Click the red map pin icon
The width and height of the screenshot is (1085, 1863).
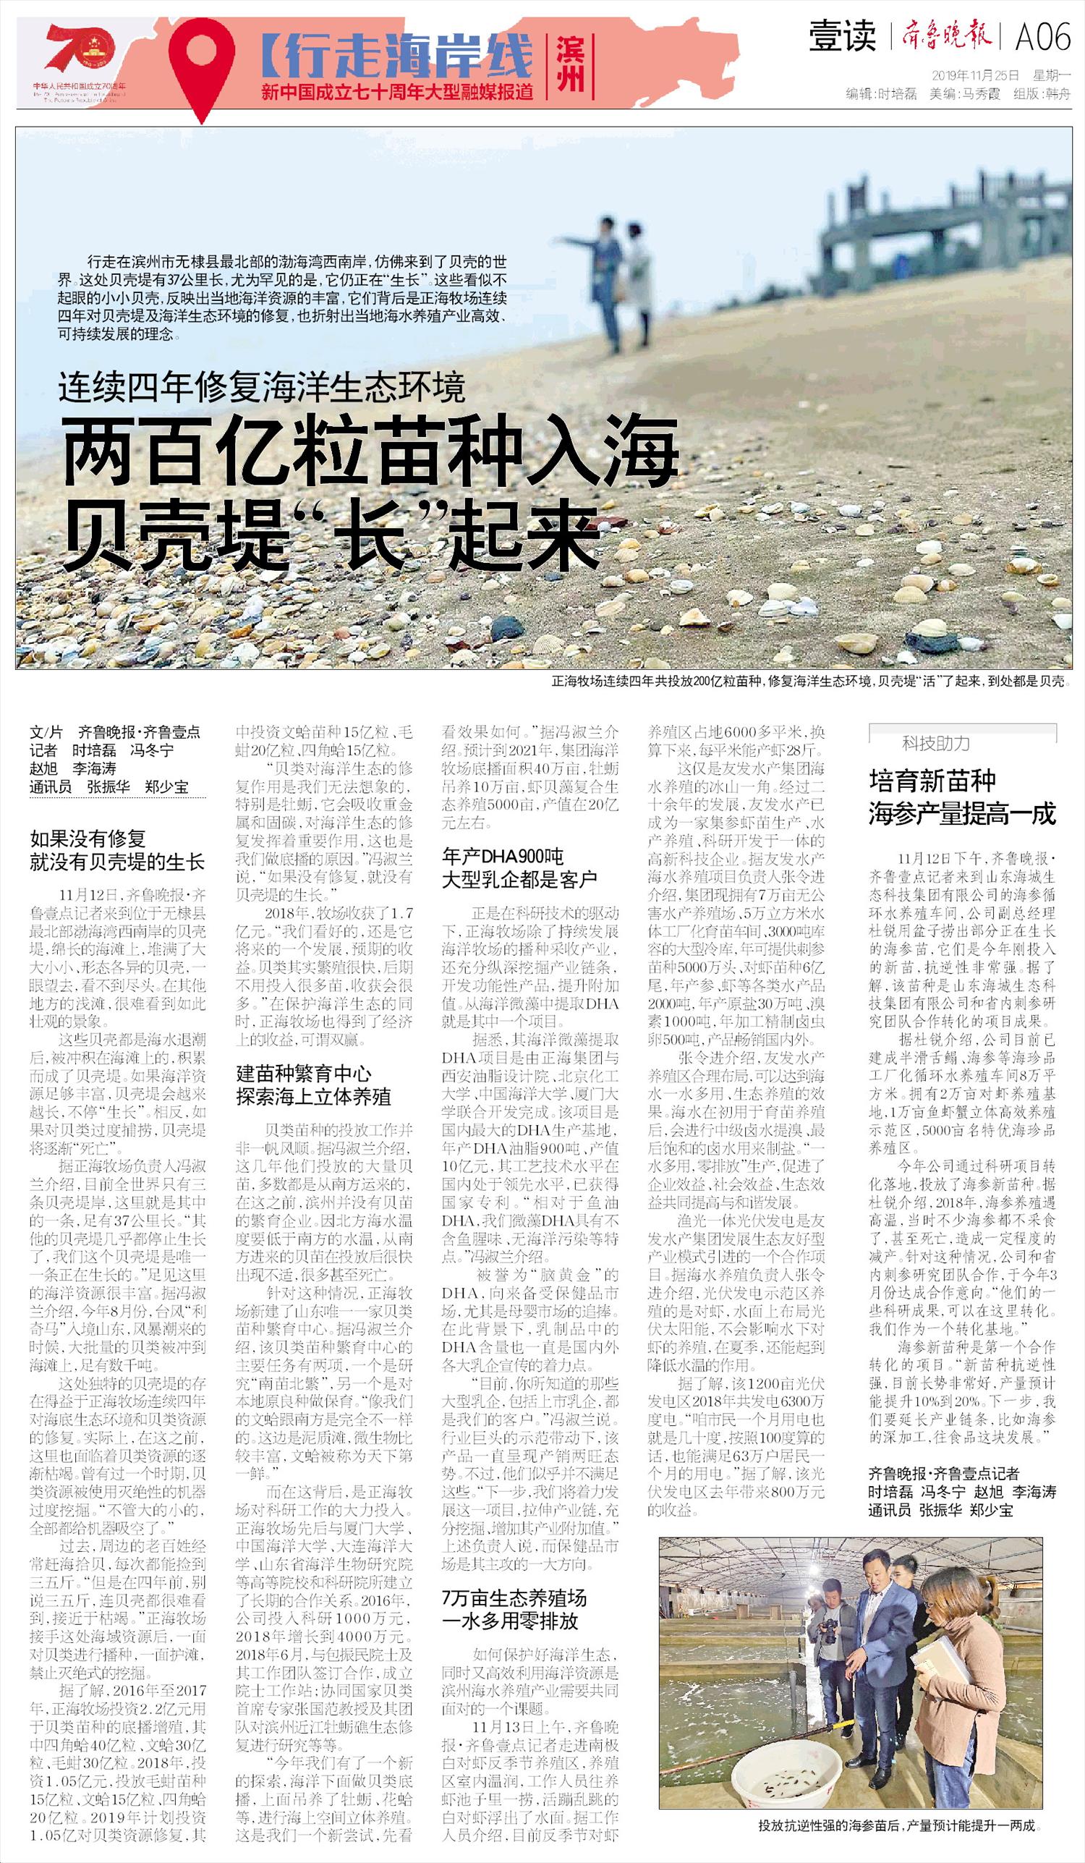[202, 63]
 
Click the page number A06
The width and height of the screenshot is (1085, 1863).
[1042, 37]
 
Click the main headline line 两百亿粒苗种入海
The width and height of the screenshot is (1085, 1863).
[370, 451]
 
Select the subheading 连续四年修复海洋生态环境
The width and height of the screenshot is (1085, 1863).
[263, 386]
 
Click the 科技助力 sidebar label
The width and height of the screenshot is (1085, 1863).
[936, 742]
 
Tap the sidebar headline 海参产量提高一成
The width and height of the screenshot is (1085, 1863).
[961, 815]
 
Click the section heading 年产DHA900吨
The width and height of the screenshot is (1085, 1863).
[503, 857]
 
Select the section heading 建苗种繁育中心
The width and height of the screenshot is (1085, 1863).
[303, 1074]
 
